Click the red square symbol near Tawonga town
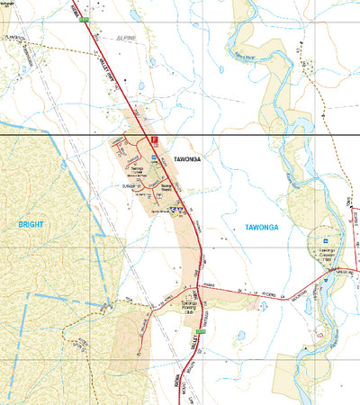pos(154,140)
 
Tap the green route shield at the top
pos(85,18)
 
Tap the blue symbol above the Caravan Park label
pos(321,240)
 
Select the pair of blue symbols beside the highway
pos(181,208)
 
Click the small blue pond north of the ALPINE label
pos(135,15)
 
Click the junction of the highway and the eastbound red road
pos(200,292)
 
